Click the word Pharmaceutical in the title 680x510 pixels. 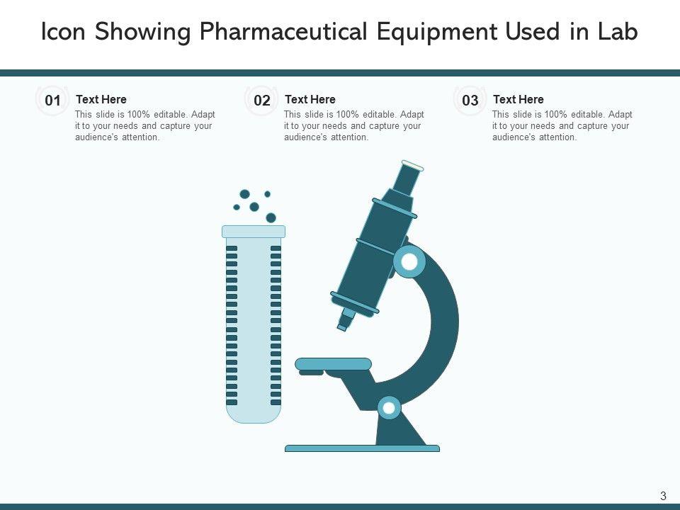point(283,32)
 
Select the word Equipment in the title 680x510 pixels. point(437,33)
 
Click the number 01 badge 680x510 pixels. point(52,101)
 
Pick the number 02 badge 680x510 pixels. point(262,101)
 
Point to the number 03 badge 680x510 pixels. point(470,101)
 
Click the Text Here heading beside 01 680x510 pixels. point(101,99)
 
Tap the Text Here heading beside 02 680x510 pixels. point(310,99)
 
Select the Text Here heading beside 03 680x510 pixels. point(518,99)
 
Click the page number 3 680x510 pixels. point(663,496)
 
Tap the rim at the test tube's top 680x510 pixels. point(254,232)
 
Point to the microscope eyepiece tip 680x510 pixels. point(412,166)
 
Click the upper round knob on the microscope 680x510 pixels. point(409,261)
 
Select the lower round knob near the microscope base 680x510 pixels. point(389,408)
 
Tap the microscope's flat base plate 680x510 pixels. point(362,448)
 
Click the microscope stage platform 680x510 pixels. point(333,364)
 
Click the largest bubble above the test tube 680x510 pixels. point(271,217)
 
